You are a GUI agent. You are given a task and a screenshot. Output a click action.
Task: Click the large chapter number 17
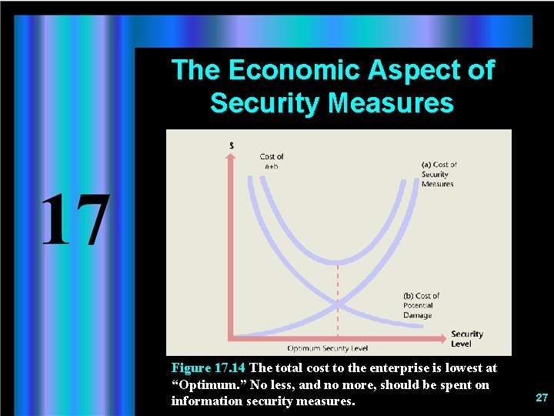tap(75, 220)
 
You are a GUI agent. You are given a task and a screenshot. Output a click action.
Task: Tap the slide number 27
tap(542, 398)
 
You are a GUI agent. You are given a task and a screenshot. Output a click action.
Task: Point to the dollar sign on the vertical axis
tap(232, 146)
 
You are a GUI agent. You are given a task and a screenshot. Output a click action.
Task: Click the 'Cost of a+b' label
tap(272, 161)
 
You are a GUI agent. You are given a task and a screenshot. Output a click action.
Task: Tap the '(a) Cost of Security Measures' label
tap(439, 174)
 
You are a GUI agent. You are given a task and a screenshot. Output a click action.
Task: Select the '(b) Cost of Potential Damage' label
tap(421, 305)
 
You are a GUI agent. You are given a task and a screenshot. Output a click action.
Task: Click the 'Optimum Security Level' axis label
tap(328, 348)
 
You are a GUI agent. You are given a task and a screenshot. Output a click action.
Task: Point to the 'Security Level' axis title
tap(466, 338)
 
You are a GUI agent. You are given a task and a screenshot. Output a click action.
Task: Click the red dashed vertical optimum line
tap(338, 300)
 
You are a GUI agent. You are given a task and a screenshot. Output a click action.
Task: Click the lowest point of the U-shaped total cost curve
tap(338, 262)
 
